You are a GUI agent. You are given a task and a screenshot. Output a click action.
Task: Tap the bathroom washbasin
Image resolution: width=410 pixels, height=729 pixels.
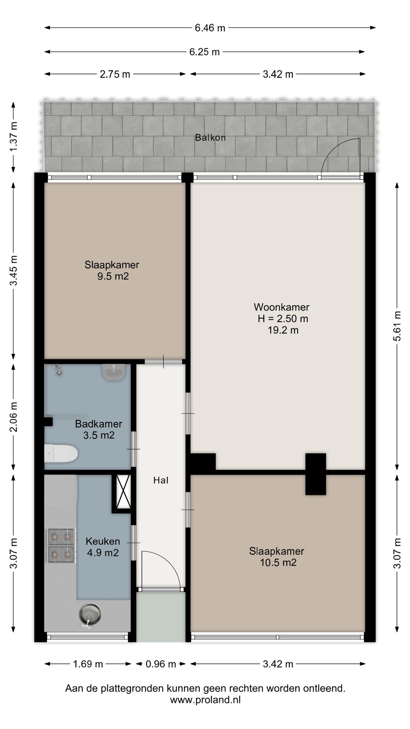coord(114,372)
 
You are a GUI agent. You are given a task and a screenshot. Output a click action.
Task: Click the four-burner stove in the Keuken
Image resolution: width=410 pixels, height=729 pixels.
coord(61,545)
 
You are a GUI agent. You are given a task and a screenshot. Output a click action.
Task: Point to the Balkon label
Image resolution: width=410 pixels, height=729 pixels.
coord(210,137)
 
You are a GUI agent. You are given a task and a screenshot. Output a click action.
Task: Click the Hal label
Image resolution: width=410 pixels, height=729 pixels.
coord(161,480)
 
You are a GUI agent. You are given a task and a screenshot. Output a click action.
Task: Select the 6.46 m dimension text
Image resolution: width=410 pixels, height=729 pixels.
coord(210,28)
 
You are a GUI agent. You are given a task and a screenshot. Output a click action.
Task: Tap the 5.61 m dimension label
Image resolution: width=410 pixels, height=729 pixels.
coord(397,326)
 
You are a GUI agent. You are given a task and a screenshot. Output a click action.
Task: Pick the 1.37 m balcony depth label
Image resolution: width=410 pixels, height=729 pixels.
coord(14,137)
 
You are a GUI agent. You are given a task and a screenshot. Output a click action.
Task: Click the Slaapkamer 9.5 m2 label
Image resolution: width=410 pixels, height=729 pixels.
coord(112,270)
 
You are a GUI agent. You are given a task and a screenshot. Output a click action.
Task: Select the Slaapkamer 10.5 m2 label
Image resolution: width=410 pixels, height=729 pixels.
coord(277,557)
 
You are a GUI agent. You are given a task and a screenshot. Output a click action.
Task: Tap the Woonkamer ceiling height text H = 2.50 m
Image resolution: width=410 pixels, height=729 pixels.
coord(283,319)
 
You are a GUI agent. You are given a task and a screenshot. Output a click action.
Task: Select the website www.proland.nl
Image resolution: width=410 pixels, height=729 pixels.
coord(205,700)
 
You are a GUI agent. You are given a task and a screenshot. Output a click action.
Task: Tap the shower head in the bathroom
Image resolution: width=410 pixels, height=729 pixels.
coord(58,370)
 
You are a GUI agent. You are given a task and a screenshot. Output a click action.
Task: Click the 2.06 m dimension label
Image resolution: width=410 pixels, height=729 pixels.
coord(14,417)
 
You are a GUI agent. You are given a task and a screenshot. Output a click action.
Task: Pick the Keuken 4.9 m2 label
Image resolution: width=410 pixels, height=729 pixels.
coord(103,547)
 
